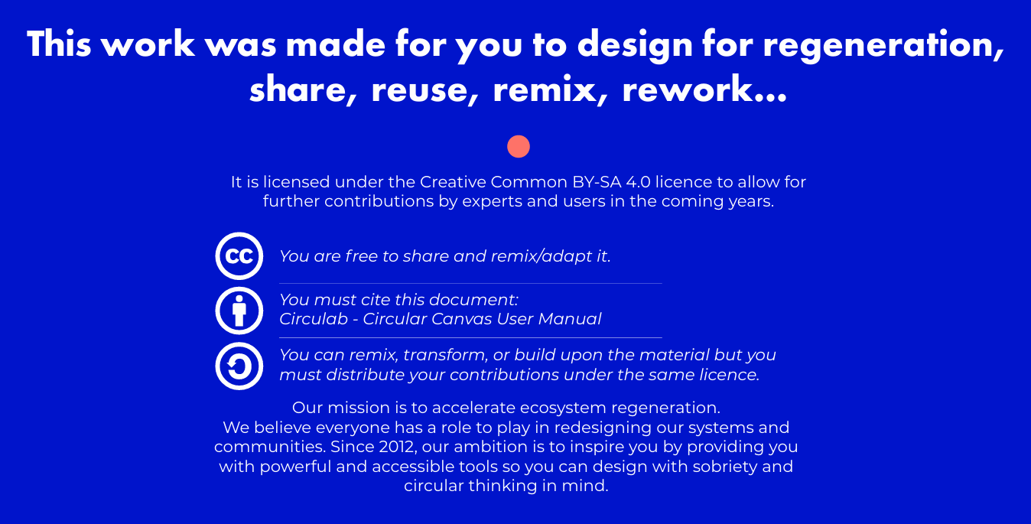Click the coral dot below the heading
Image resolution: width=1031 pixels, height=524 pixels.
pyautogui.click(x=519, y=146)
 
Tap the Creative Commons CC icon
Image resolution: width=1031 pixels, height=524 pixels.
pyautogui.click(x=239, y=256)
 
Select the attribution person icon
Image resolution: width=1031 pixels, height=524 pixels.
pyautogui.click(x=239, y=311)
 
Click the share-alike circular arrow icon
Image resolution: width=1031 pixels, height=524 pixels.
pyautogui.click(x=239, y=366)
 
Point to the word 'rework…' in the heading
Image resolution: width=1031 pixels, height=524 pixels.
pyautogui.click(x=704, y=90)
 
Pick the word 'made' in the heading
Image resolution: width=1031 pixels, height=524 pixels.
pyautogui.click(x=336, y=44)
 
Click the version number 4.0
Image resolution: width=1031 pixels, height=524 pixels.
pyautogui.click(x=639, y=182)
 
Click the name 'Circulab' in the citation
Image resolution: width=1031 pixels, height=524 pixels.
pyautogui.click(x=314, y=319)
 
